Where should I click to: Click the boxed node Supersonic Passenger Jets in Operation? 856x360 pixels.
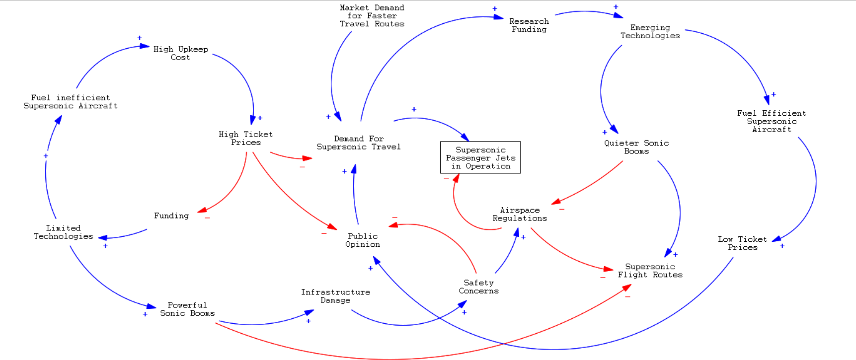[x=480, y=157]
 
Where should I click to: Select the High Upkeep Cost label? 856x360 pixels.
[x=180, y=53]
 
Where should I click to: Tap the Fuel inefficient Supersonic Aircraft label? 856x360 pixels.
[x=71, y=102]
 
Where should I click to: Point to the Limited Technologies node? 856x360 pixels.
[x=63, y=232]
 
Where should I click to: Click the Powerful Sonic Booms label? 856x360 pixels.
[x=187, y=309]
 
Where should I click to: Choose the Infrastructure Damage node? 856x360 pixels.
[x=335, y=296]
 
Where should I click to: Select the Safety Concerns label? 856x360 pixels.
[x=478, y=287]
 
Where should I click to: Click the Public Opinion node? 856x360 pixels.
[x=363, y=240]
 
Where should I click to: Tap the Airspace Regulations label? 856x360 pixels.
[x=520, y=214]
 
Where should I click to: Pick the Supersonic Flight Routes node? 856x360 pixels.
[x=650, y=271]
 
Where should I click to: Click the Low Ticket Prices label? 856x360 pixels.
[x=742, y=243]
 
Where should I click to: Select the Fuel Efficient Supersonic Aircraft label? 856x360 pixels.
[x=772, y=121]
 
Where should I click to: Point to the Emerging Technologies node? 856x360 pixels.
[x=650, y=31]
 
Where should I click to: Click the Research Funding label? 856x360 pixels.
[x=529, y=25]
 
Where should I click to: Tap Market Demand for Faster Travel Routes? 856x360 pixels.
[x=372, y=16]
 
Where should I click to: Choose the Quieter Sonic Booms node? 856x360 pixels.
[x=636, y=147]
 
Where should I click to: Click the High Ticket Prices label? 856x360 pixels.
[x=245, y=138]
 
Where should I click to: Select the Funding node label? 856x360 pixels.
[x=171, y=216]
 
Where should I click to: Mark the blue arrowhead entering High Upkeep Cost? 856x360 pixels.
[x=145, y=46]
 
